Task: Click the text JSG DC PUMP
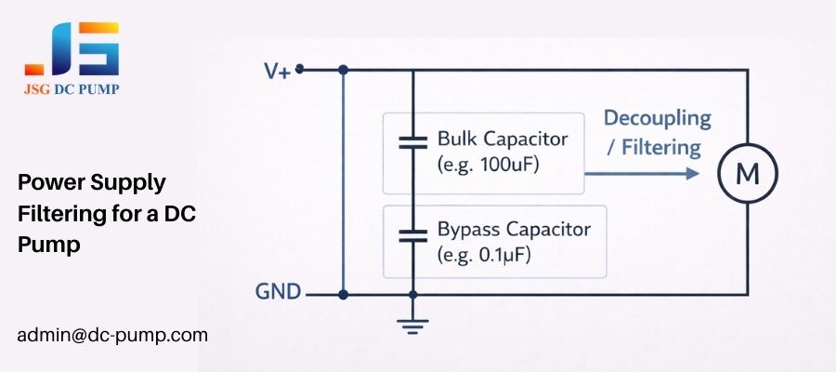click(x=72, y=89)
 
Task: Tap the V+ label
click(x=276, y=71)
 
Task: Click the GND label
click(x=279, y=293)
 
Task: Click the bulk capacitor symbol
click(x=413, y=144)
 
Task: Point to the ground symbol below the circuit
click(x=413, y=324)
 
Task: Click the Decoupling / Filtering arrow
click(x=641, y=173)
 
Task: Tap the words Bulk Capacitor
click(x=503, y=139)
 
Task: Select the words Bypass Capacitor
click(x=514, y=228)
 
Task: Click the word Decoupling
click(x=657, y=119)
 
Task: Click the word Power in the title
click(x=45, y=181)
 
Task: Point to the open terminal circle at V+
click(x=300, y=69)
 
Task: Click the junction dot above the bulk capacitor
click(x=413, y=69)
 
